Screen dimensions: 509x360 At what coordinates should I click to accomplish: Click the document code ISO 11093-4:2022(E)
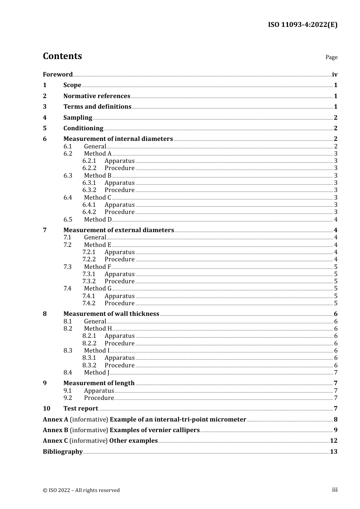[x=302, y=25]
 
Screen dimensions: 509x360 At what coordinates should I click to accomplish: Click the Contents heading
[x=62, y=56]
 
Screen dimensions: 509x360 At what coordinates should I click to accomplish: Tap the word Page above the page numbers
[x=331, y=57]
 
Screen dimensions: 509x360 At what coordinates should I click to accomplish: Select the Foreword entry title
[x=58, y=74]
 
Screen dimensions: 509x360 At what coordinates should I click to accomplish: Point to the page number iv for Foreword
[x=335, y=75]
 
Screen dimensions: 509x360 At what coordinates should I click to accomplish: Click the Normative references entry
[x=97, y=96]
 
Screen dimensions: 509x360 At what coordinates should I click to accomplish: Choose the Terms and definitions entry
[x=97, y=106]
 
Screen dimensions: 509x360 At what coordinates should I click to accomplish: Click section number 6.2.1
[x=89, y=161]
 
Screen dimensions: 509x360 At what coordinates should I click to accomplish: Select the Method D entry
[x=98, y=219]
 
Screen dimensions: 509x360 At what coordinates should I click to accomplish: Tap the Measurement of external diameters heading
[x=119, y=230]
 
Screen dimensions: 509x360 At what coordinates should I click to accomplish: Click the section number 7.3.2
[x=89, y=281]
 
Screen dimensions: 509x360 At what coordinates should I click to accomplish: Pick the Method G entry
[x=98, y=288]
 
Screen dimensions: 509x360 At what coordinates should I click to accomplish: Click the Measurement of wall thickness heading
[x=111, y=314]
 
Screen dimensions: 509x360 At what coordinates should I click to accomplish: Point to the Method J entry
[x=97, y=372]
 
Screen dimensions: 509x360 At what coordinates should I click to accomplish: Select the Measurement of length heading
[x=99, y=383]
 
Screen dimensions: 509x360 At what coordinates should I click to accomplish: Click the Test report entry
[x=81, y=408]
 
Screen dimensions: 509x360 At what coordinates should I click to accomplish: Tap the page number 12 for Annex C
[x=333, y=440]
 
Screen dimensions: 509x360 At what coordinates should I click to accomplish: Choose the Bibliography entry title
[x=63, y=451]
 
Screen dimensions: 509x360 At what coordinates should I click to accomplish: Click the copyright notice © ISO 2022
[x=81, y=490]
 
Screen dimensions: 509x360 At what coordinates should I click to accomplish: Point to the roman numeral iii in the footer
[x=335, y=490]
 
